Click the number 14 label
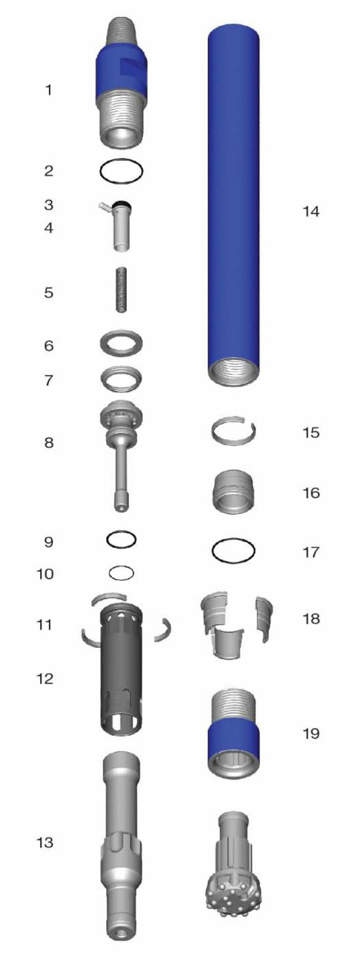(x=311, y=212)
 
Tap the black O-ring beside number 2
(x=121, y=172)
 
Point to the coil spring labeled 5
(x=122, y=289)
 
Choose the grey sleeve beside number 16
(x=233, y=490)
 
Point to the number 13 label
(x=45, y=842)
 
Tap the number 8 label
(x=48, y=442)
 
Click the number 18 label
(x=311, y=618)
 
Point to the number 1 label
(x=48, y=90)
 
